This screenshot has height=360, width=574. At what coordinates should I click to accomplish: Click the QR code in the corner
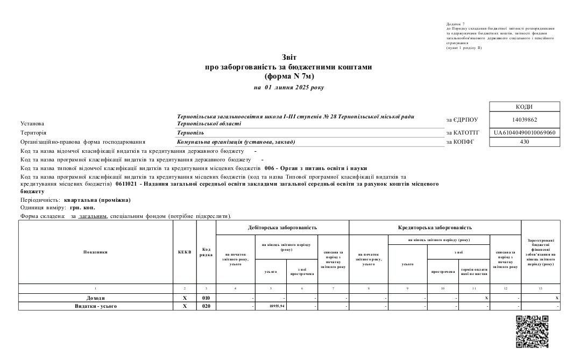[x=532, y=331]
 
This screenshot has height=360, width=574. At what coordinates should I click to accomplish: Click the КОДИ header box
[x=517, y=107]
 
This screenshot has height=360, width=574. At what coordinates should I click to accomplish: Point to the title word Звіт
[x=288, y=58]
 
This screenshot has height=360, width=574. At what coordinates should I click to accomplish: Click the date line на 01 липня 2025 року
[x=288, y=87]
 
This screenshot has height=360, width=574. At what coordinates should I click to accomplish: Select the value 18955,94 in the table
[x=278, y=306]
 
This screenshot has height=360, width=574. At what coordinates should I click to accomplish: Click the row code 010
[x=206, y=298]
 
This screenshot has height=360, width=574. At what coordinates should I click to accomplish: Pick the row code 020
[x=206, y=306]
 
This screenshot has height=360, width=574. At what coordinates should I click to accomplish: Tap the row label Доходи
[x=96, y=298]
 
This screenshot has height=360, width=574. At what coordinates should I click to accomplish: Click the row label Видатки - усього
[x=96, y=306]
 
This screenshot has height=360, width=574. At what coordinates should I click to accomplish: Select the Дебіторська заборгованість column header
[x=282, y=228]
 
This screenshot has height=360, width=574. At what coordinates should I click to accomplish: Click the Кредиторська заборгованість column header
[x=435, y=228]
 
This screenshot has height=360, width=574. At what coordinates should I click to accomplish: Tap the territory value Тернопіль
[x=190, y=132]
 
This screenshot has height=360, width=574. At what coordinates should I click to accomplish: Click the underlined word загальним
[x=93, y=216]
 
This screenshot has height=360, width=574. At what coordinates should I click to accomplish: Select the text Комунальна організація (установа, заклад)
[x=236, y=142]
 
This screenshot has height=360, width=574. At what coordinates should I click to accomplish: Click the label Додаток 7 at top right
[x=456, y=24]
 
